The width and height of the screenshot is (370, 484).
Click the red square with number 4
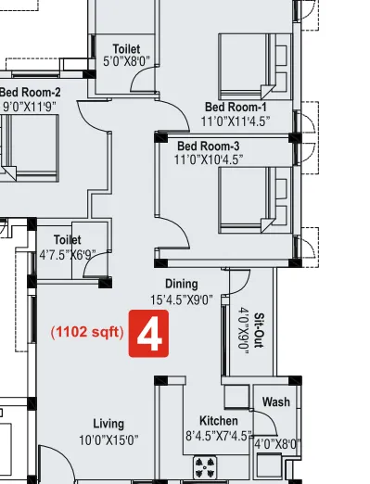pyautogui.click(x=150, y=334)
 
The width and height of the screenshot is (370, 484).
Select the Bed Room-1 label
pyautogui.click(x=236, y=106)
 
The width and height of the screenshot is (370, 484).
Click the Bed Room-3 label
pyautogui.click(x=209, y=146)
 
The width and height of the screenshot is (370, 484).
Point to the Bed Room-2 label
pyautogui.click(x=30, y=92)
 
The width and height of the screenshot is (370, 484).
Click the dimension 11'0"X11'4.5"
pyautogui.click(x=236, y=121)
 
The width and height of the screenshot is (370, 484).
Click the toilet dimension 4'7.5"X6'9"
pyautogui.click(x=68, y=253)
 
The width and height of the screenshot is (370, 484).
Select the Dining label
pyautogui.click(x=182, y=284)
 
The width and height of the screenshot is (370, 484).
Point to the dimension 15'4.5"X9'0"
pyautogui.click(x=182, y=299)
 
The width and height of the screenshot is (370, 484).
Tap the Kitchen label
pyautogui.click(x=219, y=421)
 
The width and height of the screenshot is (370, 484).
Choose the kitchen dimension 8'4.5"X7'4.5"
pyautogui.click(x=219, y=436)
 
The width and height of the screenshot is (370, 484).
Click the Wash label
pyautogui.click(x=276, y=402)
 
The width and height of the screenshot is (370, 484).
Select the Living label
pyautogui.click(x=108, y=424)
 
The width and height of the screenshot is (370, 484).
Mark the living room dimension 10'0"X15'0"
pyautogui.click(x=108, y=439)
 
